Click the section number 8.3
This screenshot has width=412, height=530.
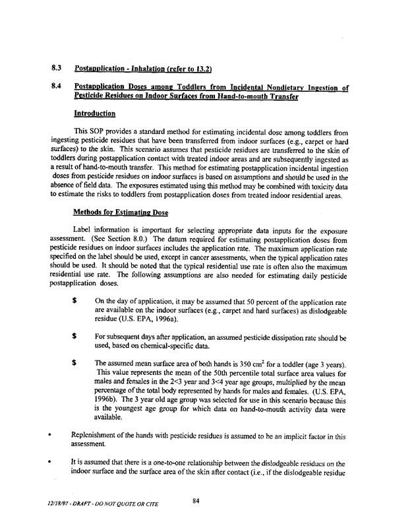[x=56, y=68]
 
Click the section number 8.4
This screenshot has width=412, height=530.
[x=56, y=87]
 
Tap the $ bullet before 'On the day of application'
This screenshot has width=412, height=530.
[x=76, y=318]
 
